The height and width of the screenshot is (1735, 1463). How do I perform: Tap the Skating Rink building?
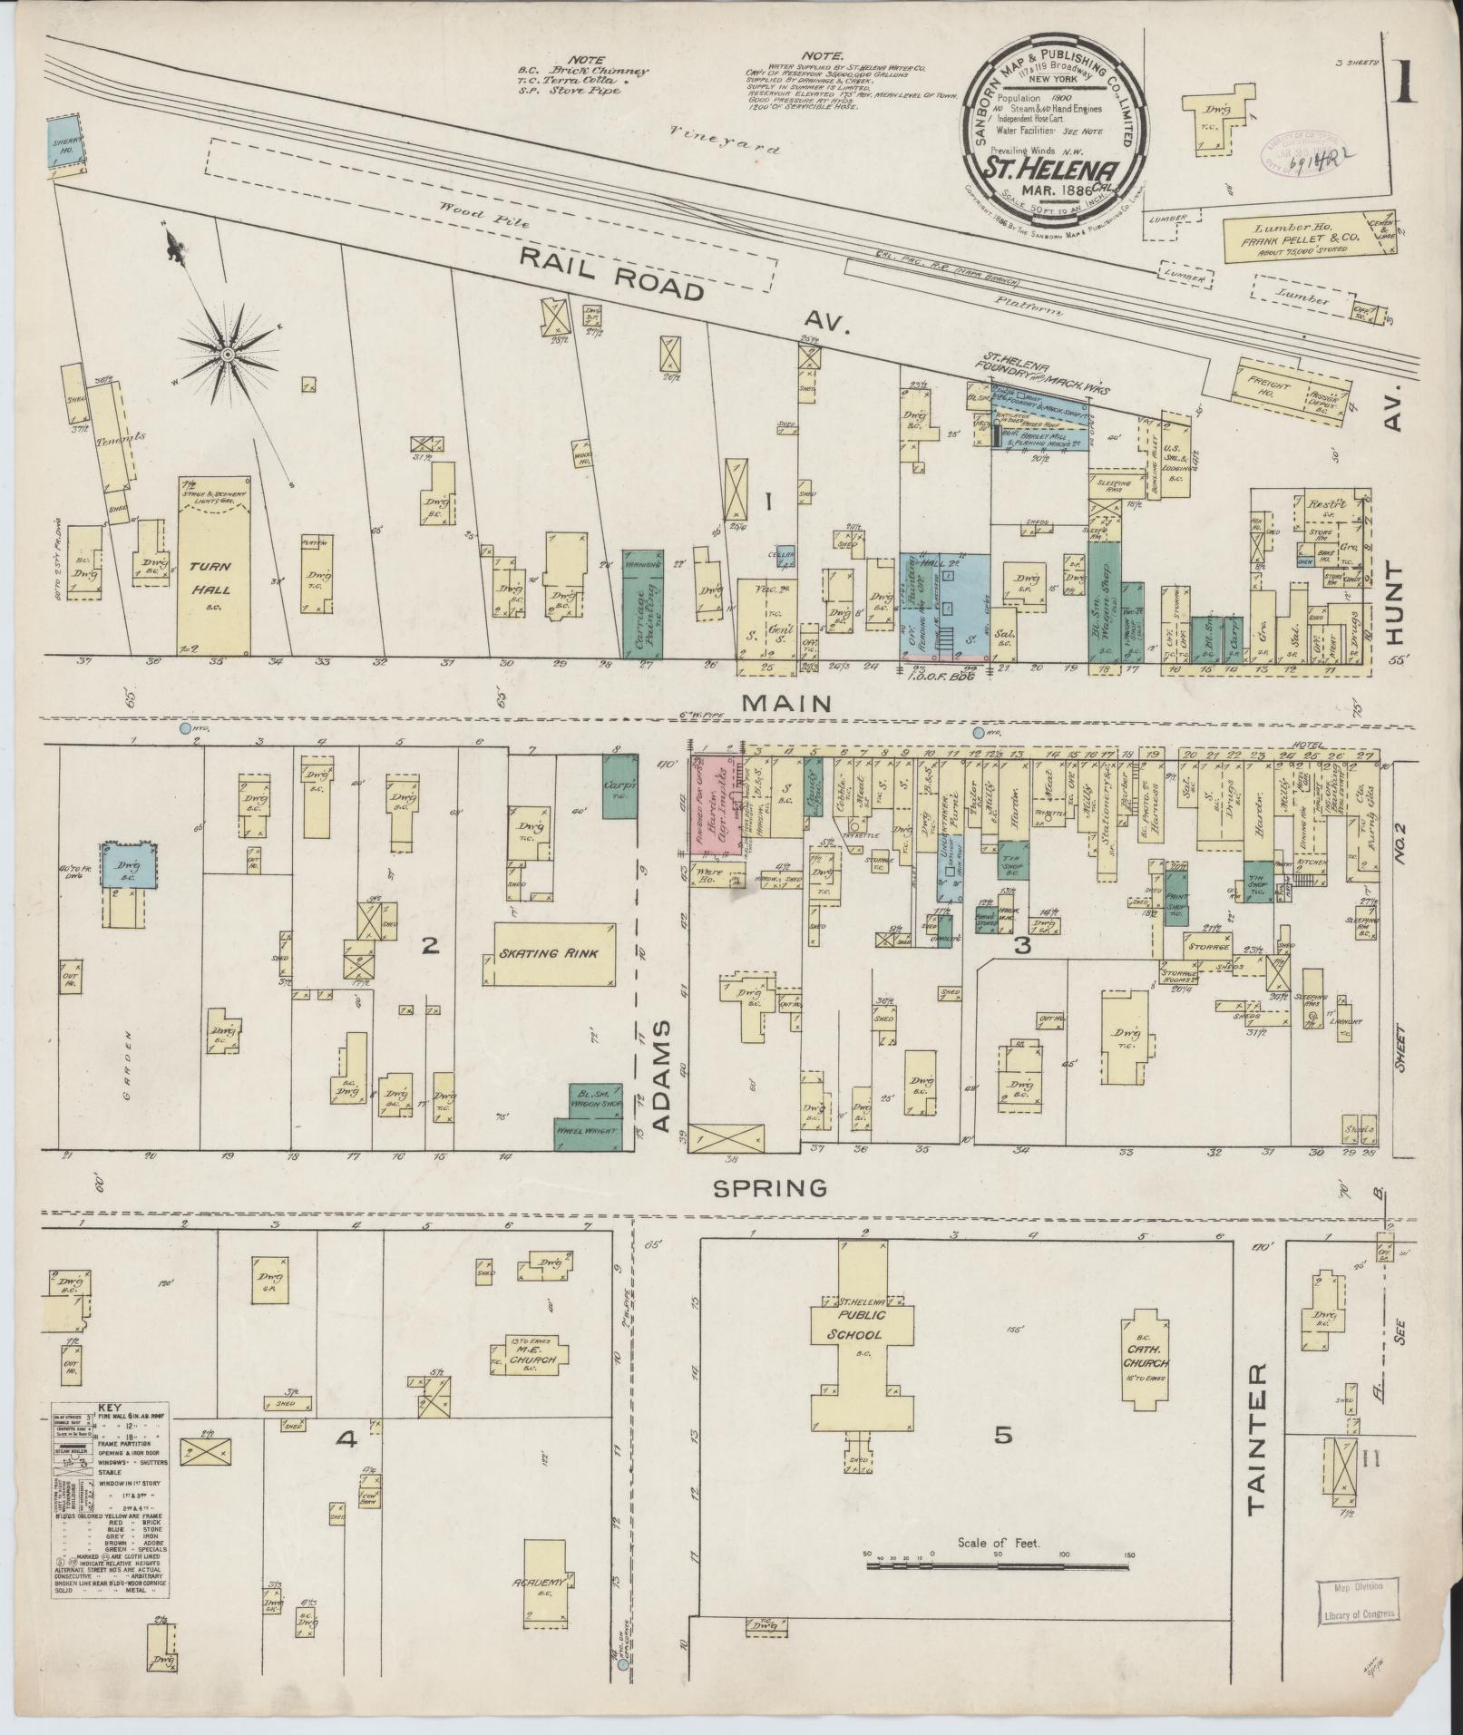(x=551, y=954)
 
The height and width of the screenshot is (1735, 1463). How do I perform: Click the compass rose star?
(x=227, y=352)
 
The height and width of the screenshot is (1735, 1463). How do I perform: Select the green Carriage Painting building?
(x=643, y=603)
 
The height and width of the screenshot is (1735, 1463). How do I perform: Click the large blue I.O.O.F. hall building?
(x=943, y=603)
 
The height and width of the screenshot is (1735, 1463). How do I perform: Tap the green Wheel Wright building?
(x=586, y=1134)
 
